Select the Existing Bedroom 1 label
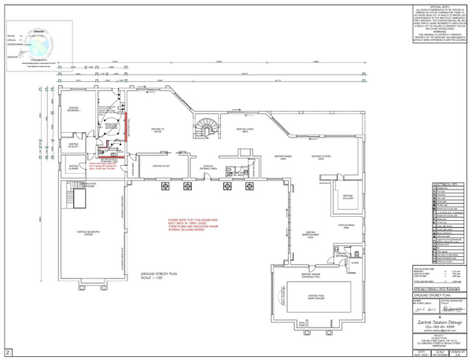click(73, 112)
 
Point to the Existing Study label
click(161, 167)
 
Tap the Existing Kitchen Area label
click(329, 157)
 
